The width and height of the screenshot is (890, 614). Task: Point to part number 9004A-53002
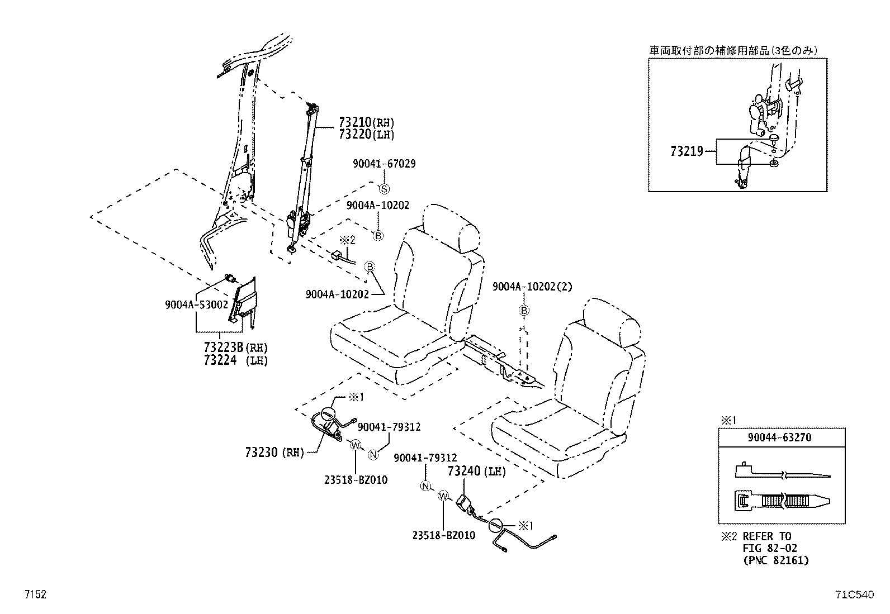pyautogui.click(x=196, y=305)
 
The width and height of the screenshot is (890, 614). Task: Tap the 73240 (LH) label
pyautogui.click(x=476, y=472)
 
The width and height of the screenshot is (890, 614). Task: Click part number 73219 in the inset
pyautogui.click(x=687, y=151)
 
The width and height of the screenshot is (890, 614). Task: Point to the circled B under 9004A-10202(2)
pyautogui.click(x=524, y=310)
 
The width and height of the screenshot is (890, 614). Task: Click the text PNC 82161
pyautogui.click(x=776, y=560)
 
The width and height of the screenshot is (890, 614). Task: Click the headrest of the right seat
pyautogui.click(x=612, y=323)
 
